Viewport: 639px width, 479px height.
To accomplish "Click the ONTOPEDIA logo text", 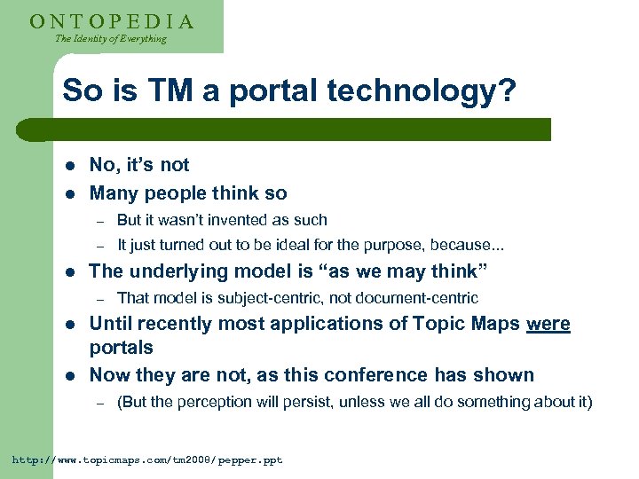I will [111, 20].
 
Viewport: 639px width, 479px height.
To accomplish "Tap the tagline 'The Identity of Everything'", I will [110, 39].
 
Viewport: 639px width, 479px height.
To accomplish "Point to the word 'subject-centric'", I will [265, 298].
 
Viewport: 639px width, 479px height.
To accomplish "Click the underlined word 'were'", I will [548, 325].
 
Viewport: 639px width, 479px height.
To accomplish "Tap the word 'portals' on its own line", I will [121, 348].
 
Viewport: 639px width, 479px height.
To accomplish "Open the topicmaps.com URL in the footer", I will [146, 460].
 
